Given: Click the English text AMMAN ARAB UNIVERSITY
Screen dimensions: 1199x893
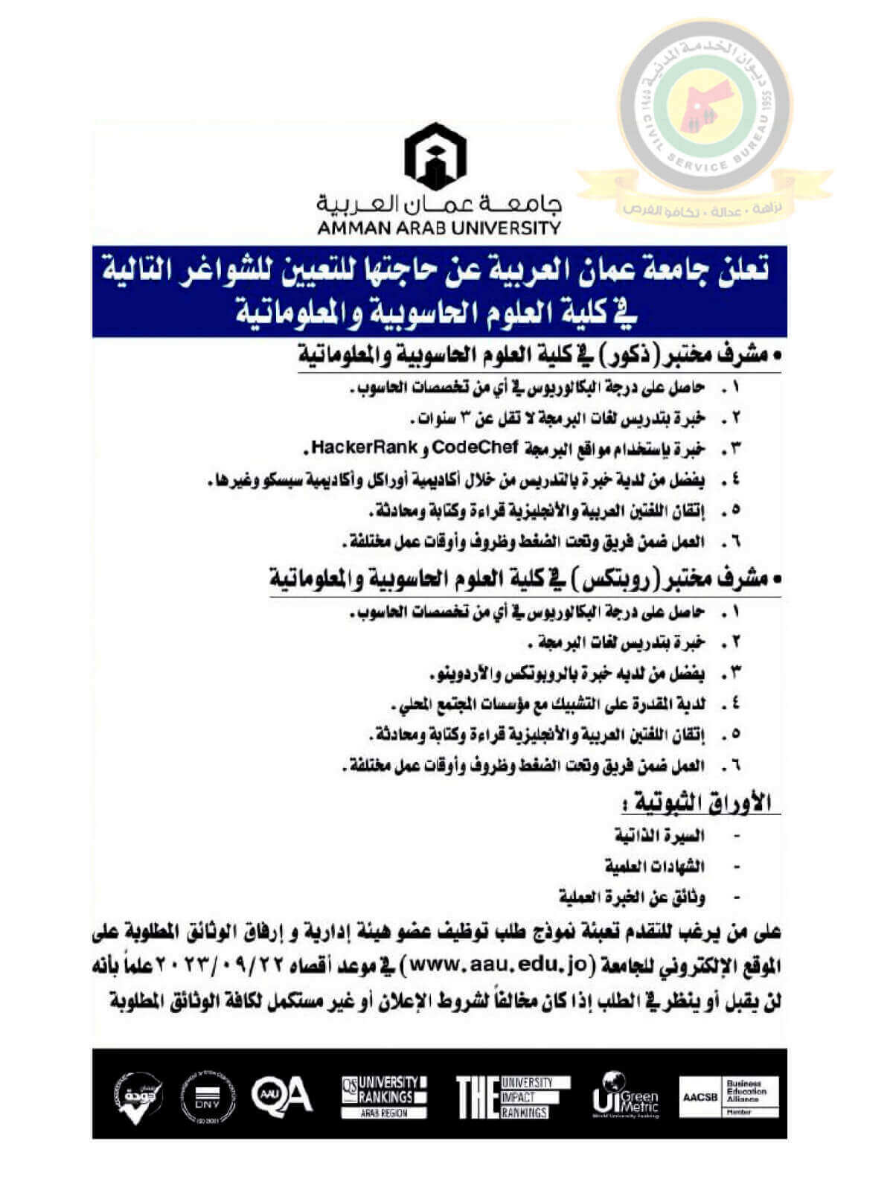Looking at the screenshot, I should pos(439,228).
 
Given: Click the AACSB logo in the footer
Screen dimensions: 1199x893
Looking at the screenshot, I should pos(729,1096).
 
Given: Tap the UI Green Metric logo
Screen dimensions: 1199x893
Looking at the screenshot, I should pos(625,1095).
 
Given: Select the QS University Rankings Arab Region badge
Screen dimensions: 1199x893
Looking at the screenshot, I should pos(384,1096).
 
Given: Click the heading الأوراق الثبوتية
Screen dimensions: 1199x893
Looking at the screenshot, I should pos(700,803).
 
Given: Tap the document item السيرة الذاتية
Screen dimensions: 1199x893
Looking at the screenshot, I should pos(659,835).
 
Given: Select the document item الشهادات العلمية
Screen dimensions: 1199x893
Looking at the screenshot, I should pos(654,866).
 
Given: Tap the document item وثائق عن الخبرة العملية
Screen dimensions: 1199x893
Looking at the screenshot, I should pos(632,896).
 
